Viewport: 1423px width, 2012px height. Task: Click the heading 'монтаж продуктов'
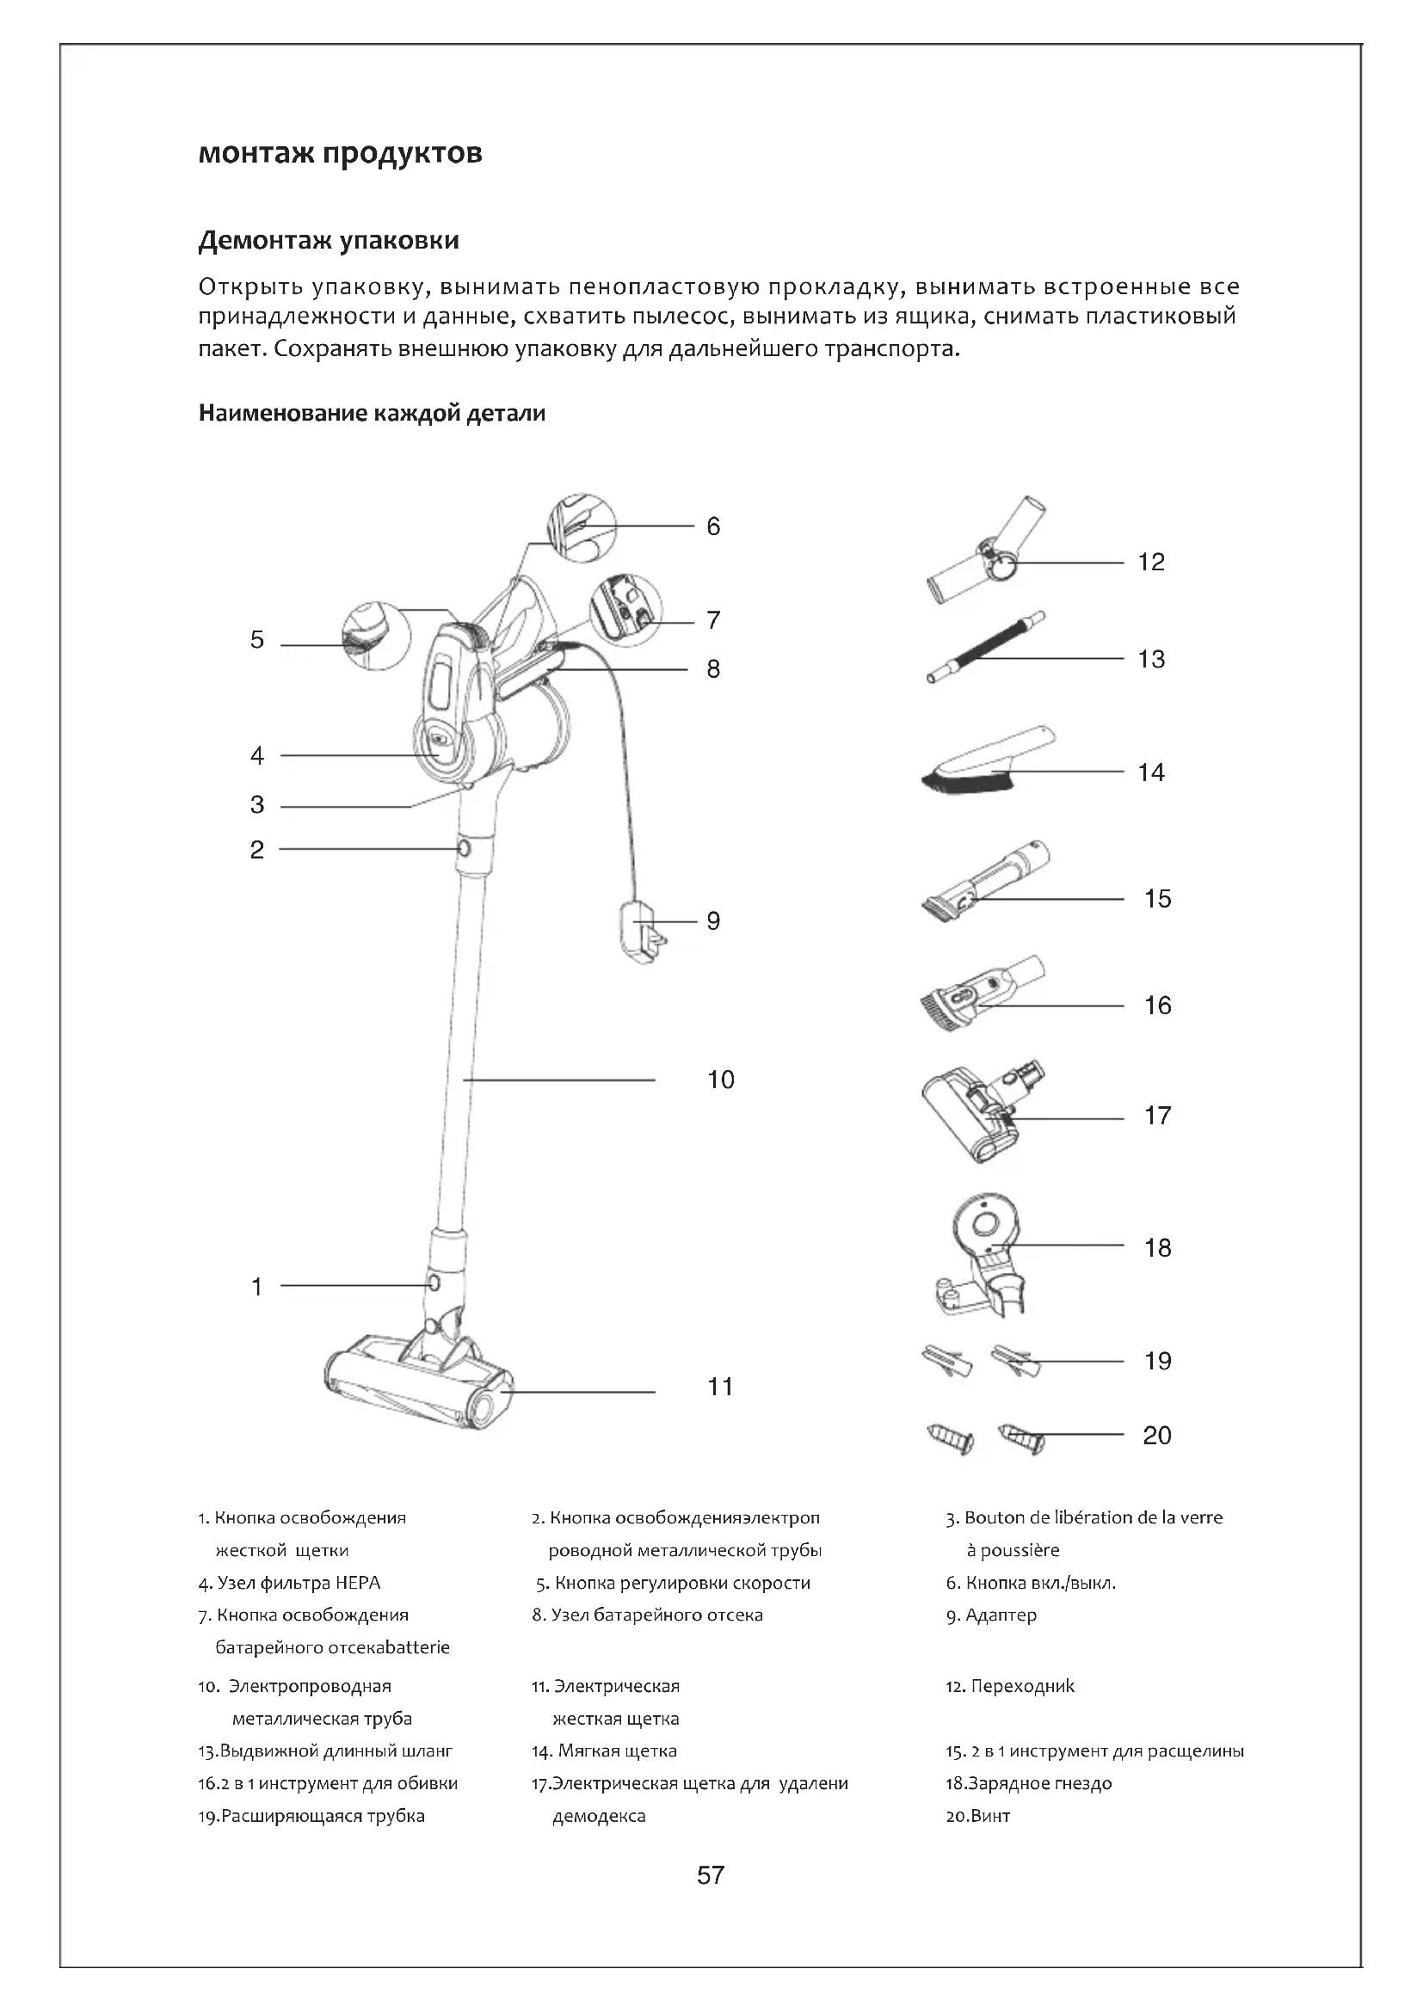340,153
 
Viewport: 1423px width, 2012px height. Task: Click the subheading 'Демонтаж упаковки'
329,240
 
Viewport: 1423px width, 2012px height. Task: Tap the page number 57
711,1874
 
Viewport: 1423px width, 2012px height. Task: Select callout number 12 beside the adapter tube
1150,562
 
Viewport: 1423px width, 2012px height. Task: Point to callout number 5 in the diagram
256,640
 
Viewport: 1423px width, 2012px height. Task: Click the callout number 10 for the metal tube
720,1080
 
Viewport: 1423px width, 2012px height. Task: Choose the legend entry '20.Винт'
978,1816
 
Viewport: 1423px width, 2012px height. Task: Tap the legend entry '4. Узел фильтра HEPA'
289,1583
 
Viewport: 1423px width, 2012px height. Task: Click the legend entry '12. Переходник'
1009,1686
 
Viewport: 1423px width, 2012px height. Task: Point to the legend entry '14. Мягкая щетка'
604,1751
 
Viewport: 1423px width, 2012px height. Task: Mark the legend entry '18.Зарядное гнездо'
1029,1783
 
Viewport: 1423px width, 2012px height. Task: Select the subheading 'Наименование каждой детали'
372,414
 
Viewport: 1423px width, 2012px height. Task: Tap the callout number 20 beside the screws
1156,1436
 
